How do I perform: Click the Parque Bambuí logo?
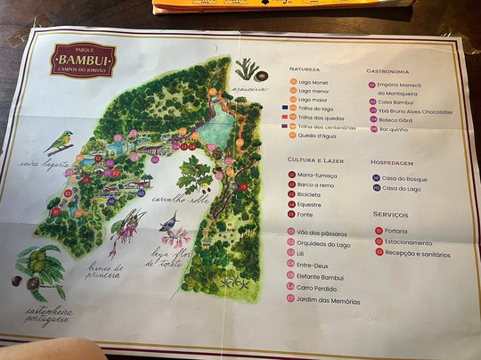[x=82, y=60]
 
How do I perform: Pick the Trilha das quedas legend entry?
[x=320, y=117]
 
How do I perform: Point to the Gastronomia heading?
[x=387, y=71]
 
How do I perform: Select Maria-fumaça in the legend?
[x=317, y=175]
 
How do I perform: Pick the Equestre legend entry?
[x=311, y=204]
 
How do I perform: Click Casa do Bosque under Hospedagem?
[x=404, y=179]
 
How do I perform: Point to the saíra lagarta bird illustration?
[x=59, y=141]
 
